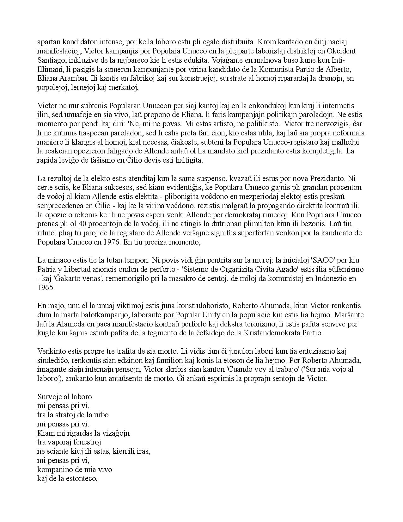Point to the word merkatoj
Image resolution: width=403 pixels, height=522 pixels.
[x=123, y=87]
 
